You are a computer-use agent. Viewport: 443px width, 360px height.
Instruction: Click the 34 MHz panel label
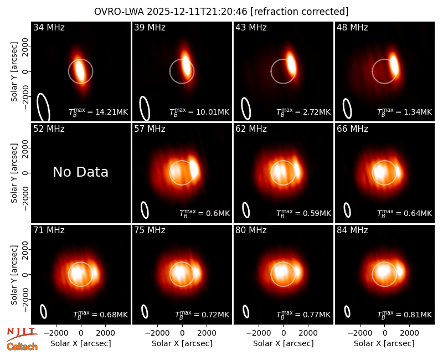click(x=49, y=27)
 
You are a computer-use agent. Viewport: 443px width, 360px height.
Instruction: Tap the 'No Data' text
click(x=80, y=172)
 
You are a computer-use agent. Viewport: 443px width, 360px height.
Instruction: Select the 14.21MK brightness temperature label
click(x=99, y=112)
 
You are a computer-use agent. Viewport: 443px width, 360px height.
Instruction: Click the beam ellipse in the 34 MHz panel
click(x=44, y=107)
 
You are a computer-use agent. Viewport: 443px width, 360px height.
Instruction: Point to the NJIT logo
click(x=22, y=335)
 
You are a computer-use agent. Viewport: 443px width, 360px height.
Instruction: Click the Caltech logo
click(x=22, y=347)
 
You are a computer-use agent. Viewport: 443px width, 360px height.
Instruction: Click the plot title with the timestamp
click(x=221, y=12)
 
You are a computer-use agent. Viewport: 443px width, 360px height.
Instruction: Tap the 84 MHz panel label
click(x=352, y=230)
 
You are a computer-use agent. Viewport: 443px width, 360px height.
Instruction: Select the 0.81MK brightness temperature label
click(x=405, y=315)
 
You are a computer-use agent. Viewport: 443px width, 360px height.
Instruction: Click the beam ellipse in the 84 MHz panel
click(x=347, y=311)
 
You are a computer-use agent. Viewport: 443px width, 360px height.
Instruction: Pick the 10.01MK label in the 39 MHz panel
click(x=199, y=112)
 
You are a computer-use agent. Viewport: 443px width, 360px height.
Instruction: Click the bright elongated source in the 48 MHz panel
click(x=394, y=64)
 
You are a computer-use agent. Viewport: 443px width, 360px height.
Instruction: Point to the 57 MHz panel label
click(x=150, y=129)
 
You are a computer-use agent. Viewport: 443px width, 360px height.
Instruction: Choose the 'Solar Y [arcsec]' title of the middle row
click(x=14, y=173)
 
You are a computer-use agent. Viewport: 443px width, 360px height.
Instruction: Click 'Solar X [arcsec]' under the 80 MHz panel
click(x=284, y=343)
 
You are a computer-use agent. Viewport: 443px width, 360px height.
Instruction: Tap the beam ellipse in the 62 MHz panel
click(x=246, y=210)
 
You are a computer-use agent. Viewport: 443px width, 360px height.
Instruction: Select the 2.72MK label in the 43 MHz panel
click(x=303, y=112)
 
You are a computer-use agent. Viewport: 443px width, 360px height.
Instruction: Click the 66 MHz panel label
click(x=352, y=129)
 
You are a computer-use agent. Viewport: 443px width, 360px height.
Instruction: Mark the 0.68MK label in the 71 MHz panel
click(x=101, y=315)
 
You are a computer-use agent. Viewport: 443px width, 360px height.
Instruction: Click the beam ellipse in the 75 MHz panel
click(x=145, y=311)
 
